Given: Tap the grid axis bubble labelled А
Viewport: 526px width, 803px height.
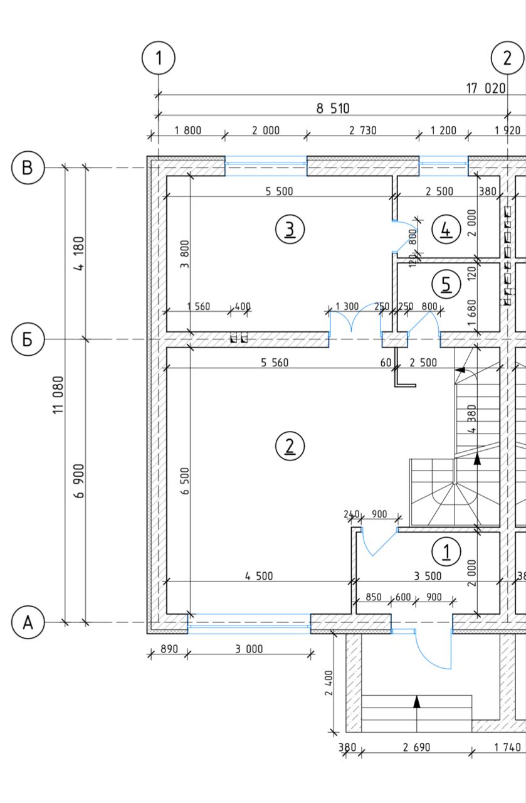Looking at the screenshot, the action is click(x=28, y=622).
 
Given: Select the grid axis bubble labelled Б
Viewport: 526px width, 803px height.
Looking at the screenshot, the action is click(x=28, y=339).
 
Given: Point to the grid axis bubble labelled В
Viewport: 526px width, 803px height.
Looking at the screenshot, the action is click(x=28, y=168).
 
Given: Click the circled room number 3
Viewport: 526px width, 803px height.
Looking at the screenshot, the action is click(x=290, y=229).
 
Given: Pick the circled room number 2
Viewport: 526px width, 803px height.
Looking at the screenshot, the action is click(x=290, y=446).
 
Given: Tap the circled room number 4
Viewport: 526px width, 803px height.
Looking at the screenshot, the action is click(x=446, y=229).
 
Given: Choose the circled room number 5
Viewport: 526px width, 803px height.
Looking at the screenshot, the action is click(x=446, y=285).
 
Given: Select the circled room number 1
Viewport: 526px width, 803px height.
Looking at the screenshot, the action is click(x=446, y=551).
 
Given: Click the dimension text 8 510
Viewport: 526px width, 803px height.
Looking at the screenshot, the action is click(x=333, y=109).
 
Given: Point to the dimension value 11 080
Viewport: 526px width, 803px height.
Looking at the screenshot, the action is click(x=58, y=395).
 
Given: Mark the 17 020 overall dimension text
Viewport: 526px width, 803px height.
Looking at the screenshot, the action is click(x=486, y=88).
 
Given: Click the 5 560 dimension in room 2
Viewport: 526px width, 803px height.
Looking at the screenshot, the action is click(x=275, y=363).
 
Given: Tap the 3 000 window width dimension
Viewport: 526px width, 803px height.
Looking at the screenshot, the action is click(x=249, y=649).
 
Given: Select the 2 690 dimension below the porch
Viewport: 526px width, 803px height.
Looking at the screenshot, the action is click(x=416, y=747).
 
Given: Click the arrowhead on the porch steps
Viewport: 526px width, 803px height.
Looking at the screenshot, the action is click(x=416, y=702).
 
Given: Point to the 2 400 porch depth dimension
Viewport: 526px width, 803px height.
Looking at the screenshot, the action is click(x=329, y=683).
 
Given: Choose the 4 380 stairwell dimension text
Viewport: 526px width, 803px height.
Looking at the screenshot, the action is click(x=472, y=418).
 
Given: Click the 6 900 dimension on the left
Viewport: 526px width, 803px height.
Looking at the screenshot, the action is click(x=79, y=481).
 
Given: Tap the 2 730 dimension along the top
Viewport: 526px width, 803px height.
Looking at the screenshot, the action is click(x=363, y=130).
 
